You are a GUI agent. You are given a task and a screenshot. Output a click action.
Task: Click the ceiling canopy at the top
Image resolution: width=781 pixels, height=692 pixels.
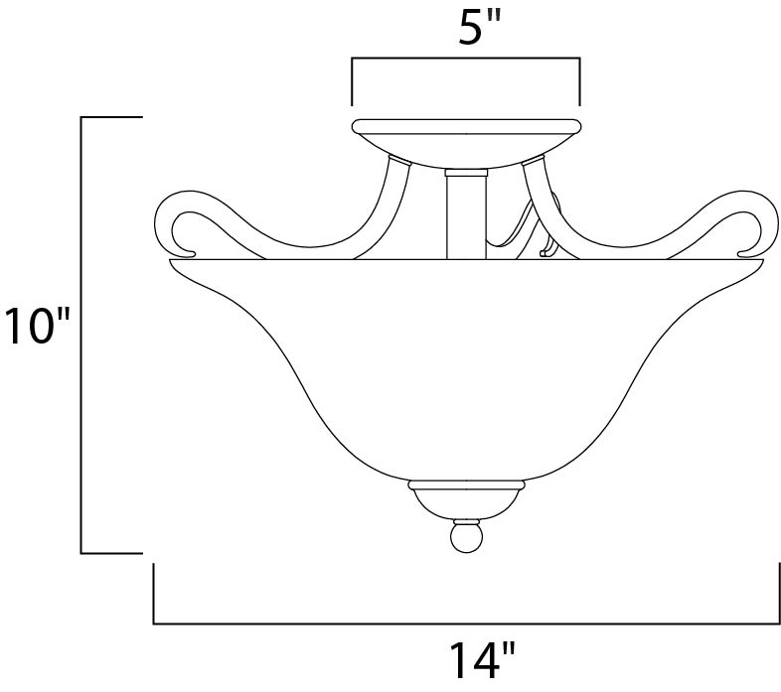click(466, 134)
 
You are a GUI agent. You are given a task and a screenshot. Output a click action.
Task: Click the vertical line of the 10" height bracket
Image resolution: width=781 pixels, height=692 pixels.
click(81, 335)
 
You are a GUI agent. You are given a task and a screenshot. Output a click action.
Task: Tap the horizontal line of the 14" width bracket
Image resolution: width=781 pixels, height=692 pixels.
click(466, 623)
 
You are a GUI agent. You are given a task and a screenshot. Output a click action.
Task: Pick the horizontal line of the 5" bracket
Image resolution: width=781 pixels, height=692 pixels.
click(466, 61)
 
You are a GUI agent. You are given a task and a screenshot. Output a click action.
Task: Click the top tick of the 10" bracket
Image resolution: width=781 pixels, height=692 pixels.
click(112, 117)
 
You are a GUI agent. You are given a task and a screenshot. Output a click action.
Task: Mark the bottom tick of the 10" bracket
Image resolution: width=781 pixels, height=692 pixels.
click(112, 552)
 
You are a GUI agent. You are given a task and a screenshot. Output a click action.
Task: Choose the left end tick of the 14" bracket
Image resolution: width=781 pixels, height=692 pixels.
click(154, 594)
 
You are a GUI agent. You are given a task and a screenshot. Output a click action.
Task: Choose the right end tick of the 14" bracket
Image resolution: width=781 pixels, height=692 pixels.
click(777, 594)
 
